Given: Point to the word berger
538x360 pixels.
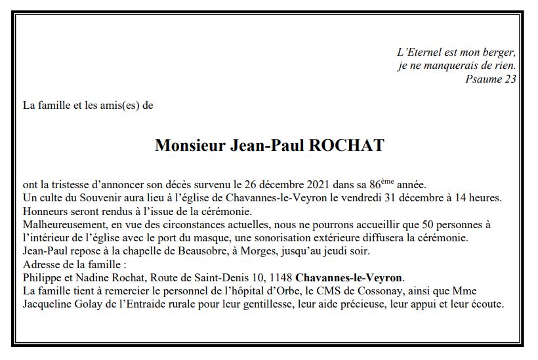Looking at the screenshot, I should tap(499, 52).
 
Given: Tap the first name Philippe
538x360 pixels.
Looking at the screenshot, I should tap(41, 277).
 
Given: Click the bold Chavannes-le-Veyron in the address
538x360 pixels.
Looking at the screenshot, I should tap(350, 277).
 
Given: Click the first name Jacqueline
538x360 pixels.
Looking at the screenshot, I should tap(47, 304).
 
